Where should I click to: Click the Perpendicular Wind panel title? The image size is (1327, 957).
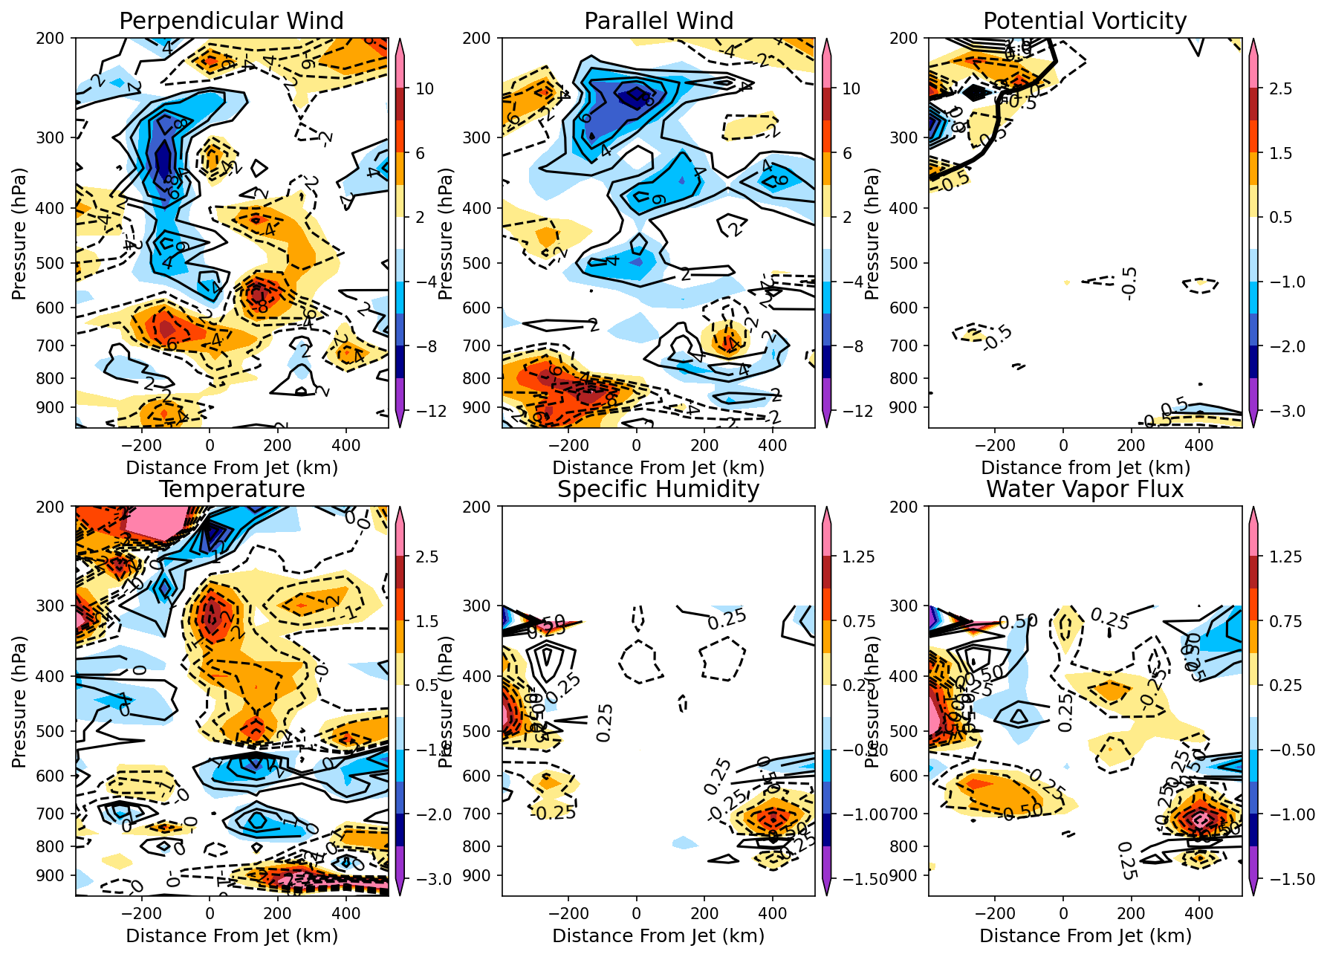231,21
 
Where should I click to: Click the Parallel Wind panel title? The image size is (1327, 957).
658,21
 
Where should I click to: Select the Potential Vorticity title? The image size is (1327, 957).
1085,21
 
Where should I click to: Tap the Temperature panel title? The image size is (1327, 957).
231,489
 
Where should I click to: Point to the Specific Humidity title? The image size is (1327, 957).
658,489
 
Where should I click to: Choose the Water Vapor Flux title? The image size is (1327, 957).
1085,489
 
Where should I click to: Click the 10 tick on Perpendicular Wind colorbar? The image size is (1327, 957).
424,89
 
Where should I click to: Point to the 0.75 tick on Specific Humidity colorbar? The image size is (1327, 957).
857,621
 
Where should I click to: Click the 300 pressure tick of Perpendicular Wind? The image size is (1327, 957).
56,137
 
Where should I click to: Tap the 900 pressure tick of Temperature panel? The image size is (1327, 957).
56,876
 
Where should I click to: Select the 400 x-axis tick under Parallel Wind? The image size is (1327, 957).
773,445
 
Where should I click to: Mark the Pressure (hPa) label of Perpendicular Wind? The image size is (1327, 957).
19,233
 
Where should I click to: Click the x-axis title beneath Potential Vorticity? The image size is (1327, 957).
1085,467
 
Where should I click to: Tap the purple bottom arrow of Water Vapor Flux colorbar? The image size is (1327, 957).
1253,889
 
